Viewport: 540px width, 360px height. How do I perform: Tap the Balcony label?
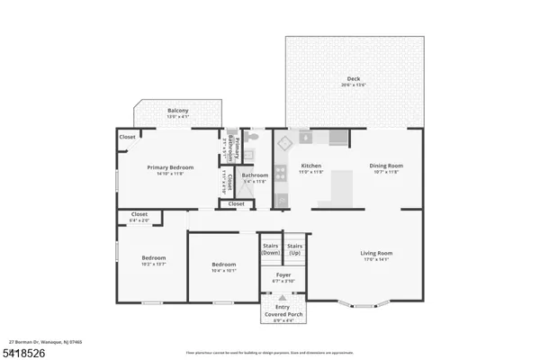tap(177, 112)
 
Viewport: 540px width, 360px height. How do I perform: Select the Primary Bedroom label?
tap(170, 168)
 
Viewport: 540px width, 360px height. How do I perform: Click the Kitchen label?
tap(311, 167)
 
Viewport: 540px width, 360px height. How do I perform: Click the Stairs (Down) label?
tap(271, 248)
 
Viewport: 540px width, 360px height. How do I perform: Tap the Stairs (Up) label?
tap(294, 248)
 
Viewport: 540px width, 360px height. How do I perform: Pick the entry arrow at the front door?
tap(283, 298)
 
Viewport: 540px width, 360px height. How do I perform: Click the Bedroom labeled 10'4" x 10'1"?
tap(223, 266)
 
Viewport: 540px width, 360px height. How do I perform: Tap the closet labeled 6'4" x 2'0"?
tap(139, 216)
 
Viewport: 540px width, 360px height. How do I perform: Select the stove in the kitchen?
tap(282, 171)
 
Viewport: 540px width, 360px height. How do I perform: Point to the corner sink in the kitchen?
tap(284, 142)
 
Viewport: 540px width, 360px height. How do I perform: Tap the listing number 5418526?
tap(24, 352)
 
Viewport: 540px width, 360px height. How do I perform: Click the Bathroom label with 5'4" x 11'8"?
tap(254, 178)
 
